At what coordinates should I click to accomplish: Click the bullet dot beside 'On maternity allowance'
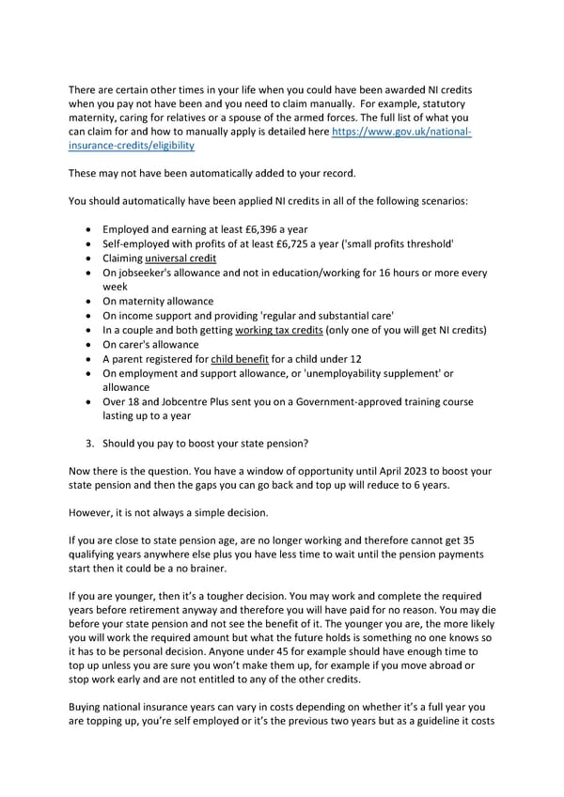coord(88,301)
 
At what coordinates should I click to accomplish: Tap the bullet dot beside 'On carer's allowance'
coord(88,345)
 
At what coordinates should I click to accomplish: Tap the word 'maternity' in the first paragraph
coord(96,118)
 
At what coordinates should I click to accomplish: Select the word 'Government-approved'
coord(352,402)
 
